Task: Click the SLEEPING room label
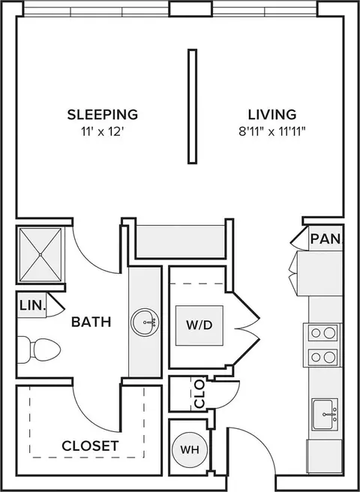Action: [x=103, y=115]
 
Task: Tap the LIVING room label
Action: [x=272, y=115]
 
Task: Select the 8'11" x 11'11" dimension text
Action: [x=272, y=132]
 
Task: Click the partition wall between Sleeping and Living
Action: [x=193, y=106]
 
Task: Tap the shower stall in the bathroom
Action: [x=40, y=254]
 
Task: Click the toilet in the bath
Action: [x=38, y=349]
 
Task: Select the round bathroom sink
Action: [x=145, y=322]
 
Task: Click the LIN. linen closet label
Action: [x=33, y=305]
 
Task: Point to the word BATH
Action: [x=91, y=322]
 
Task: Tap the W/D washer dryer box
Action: [x=199, y=325]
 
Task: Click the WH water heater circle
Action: [x=190, y=450]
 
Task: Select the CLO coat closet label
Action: [x=199, y=394]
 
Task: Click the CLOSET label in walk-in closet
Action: [x=91, y=445]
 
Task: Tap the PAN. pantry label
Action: [x=325, y=239]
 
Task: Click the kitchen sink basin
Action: [x=322, y=414]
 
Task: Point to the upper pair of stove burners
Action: [x=322, y=333]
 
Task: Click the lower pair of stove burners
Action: [x=322, y=357]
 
